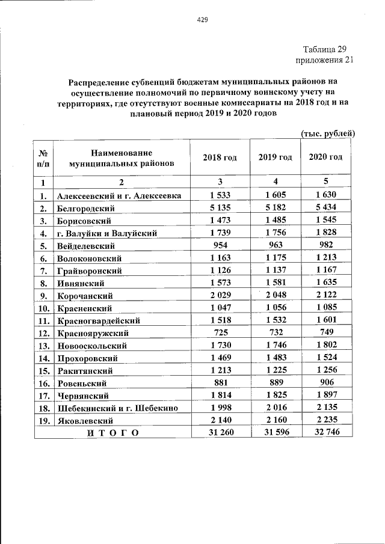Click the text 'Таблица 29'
[x=324, y=49]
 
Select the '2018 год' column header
[x=220, y=157]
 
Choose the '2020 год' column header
[x=325, y=157]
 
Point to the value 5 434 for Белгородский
[x=325, y=208]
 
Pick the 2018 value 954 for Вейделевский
[x=220, y=246]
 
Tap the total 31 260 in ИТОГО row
[x=220, y=433]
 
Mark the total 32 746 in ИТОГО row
[x=325, y=433]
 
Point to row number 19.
[x=43, y=421]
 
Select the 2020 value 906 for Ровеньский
[x=325, y=384]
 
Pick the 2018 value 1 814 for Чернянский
[x=220, y=396]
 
